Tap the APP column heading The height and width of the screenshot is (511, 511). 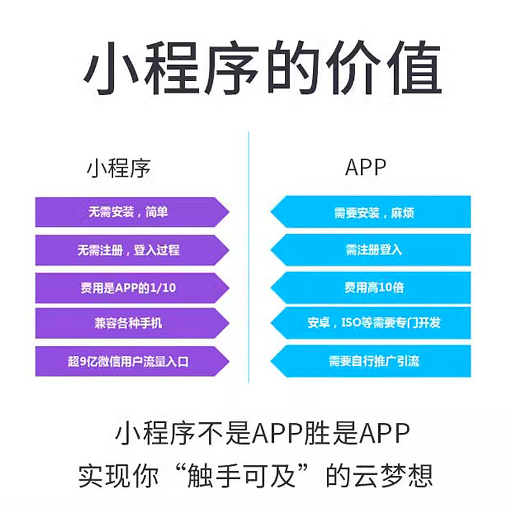[366, 167]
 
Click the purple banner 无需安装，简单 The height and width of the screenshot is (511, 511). [128, 212]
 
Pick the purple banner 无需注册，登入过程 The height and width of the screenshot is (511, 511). [128, 250]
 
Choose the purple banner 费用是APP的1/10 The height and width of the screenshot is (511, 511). [128, 287]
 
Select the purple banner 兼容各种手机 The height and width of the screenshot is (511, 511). [128, 324]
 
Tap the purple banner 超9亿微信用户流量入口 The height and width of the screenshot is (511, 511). [128, 362]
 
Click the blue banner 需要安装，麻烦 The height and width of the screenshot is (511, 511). [374, 212]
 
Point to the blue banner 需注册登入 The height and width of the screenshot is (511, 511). [374, 250]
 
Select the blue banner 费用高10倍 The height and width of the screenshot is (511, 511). [374, 287]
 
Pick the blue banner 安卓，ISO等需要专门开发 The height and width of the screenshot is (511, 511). [374, 324]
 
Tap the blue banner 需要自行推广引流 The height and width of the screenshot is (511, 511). [374, 362]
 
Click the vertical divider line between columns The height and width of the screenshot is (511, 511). [248, 256]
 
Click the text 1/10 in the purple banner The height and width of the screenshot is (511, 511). [163, 288]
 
